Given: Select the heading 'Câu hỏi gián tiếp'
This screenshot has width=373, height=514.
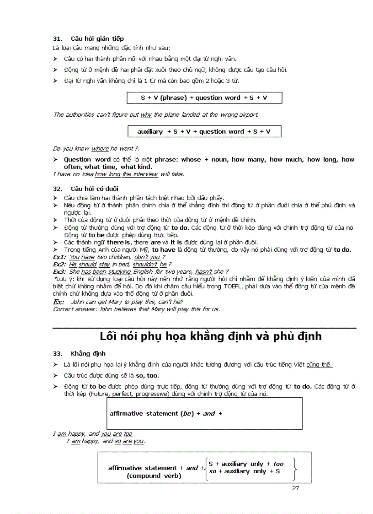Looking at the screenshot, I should tap(97, 38).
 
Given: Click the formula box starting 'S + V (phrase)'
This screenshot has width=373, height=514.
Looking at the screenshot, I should tap(204, 98).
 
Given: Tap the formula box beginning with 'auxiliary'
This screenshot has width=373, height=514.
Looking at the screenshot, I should tap(204, 132).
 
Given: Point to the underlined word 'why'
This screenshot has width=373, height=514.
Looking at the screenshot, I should tap(146, 115).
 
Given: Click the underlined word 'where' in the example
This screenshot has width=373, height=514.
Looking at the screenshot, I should tap(100, 149).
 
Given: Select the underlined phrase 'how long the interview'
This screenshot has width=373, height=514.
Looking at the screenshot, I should tap(126, 174).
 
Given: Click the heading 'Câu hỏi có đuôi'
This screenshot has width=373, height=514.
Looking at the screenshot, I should tap(95, 189).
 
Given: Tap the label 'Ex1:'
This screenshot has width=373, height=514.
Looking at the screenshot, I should tap(60, 257).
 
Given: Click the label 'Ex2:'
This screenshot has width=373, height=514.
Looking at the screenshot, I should tap(60, 265).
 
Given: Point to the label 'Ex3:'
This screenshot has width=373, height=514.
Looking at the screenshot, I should tap(60, 271).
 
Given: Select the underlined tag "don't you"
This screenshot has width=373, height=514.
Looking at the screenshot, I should tap(147, 257).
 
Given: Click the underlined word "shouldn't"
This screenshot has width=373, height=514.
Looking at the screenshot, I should tap(145, 265).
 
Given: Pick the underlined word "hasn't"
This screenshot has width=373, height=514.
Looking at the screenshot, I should tap(203, 271).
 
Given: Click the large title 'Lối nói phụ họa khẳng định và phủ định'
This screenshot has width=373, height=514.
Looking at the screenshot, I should tap(211, 336).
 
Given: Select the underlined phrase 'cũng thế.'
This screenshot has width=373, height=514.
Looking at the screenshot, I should tap(320, 365).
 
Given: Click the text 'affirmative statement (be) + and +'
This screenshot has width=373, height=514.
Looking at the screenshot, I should tap(166, 414).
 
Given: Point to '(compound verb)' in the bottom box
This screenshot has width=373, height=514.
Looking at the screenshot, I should tap(154, 476).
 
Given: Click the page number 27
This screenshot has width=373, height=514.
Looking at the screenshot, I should tap(295, 488).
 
